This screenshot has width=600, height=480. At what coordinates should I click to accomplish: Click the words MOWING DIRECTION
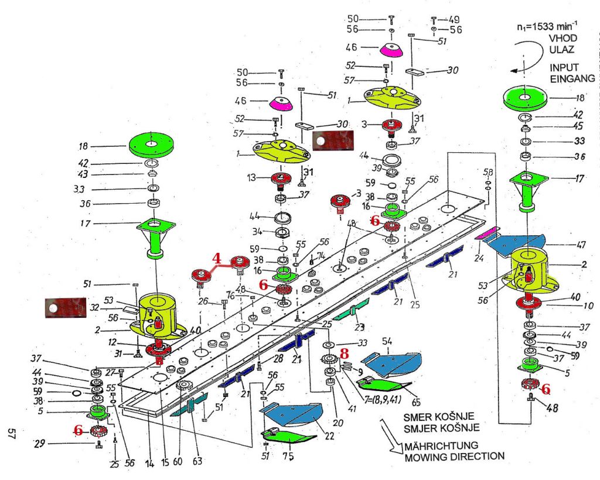click(x=454, y=455)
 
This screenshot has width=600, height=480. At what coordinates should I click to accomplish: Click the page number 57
click(x=11, y=434)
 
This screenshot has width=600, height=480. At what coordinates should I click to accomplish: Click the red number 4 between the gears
click(x=217, y=258)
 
